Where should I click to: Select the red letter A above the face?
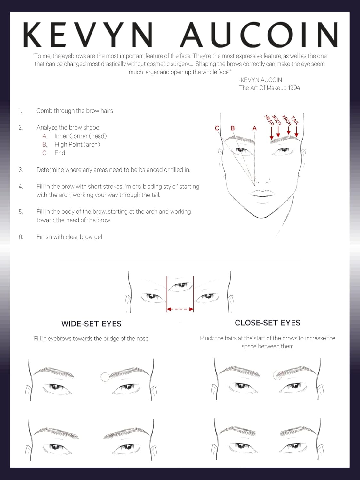click(254, 128)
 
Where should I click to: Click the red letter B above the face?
click(233, 128)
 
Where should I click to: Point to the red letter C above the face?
click(217, 128)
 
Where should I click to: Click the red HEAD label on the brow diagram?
click(269, 120)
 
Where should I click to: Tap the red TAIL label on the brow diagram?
click(295, 120)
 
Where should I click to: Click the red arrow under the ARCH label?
click(289, 131)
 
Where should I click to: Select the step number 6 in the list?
click(21, 237)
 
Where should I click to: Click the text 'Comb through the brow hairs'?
click(75, 111)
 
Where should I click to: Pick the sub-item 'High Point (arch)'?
click(77, 145)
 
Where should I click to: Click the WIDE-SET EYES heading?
click(91, 324)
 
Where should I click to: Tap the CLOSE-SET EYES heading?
click(268, 323)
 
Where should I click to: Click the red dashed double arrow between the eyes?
click(180, 309)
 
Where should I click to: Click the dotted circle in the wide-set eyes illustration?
click(105, 377)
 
